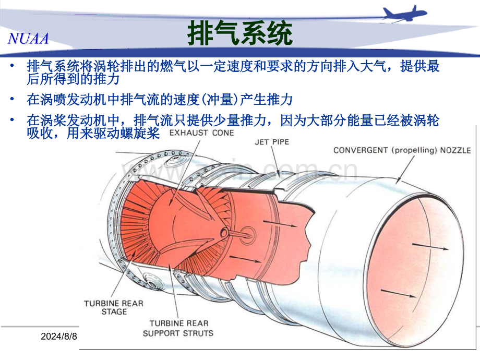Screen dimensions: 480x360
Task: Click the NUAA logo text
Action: click(x=28, y=39)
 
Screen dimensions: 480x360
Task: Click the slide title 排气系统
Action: click(x=239, y=33)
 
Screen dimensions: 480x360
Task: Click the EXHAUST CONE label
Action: click(x=202, y=133)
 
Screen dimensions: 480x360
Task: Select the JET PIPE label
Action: click(x=272, y=142)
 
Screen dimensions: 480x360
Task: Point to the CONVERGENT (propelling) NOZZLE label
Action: click(x=402, y=150)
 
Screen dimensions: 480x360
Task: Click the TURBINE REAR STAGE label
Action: click(x=114, y=307)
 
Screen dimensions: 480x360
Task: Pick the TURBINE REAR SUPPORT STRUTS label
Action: click(x=178, y=328)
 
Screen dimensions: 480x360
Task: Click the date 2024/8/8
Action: click(x=59, y=337)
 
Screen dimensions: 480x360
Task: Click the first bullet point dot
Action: click(x=12, y=66)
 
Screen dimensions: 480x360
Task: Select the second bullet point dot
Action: click(x=12, y=99)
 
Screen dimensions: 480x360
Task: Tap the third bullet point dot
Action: click(x=12, y=119)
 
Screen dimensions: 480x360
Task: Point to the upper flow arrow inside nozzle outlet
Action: click(x=430, y=247)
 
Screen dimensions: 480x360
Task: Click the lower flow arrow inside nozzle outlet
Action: click(x=399, y=293)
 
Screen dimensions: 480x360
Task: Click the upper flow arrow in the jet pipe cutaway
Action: click(x=280, y=223)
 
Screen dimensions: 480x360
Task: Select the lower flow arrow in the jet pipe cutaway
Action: click(x=245, y=259)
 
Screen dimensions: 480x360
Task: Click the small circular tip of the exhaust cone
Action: click(x=224, y=233)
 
